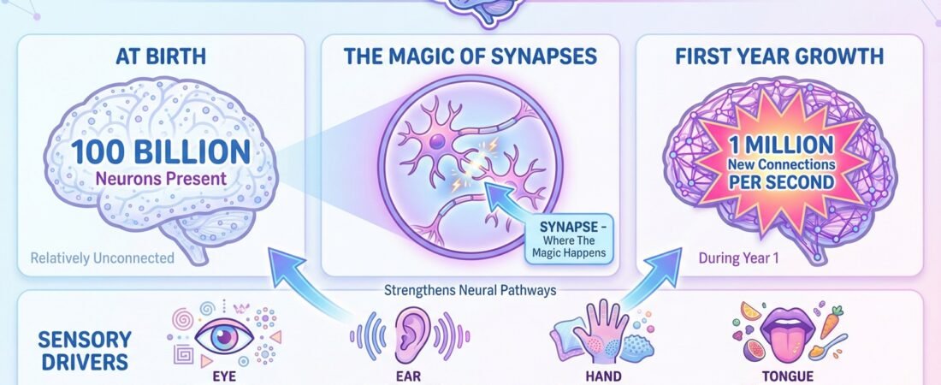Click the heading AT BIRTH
(161, 59)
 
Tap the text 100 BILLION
(161, 152)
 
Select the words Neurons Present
(161, 181)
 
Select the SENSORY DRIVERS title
(84, 350)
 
